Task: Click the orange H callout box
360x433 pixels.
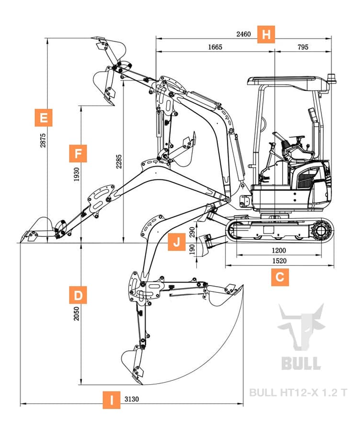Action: pyautogui.click(x=267, y=34)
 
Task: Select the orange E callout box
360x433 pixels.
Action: pyautogui.click(x=44, y=117)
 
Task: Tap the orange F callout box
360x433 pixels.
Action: pyautogui.click(x=78, y=154)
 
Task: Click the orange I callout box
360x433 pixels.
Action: pyautogui.click(x=112, y=400)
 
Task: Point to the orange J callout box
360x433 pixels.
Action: pyautogui.click(x=177, y=242)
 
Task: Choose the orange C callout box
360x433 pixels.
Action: pyautogui.click(x=280, y=277)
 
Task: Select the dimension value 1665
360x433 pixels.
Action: pyautogui.click(x=215, y=47)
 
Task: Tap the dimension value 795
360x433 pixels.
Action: pyautogui.click(x=303, y=47)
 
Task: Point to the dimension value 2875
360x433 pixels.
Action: pyautogui.click(x=43, y=140)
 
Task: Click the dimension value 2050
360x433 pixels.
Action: pyautogui.click(x=77, y=313)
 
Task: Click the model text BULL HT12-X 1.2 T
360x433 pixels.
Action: pyautogui.click(x=298, y=393)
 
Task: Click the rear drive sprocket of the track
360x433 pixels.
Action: pyautogui.click(x=320, y=231)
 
